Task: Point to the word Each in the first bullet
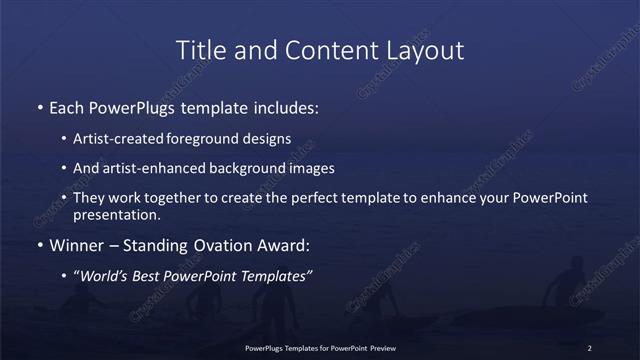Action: click(67, 107)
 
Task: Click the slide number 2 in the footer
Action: click(590, 347)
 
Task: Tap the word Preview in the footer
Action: click(381, 347)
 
